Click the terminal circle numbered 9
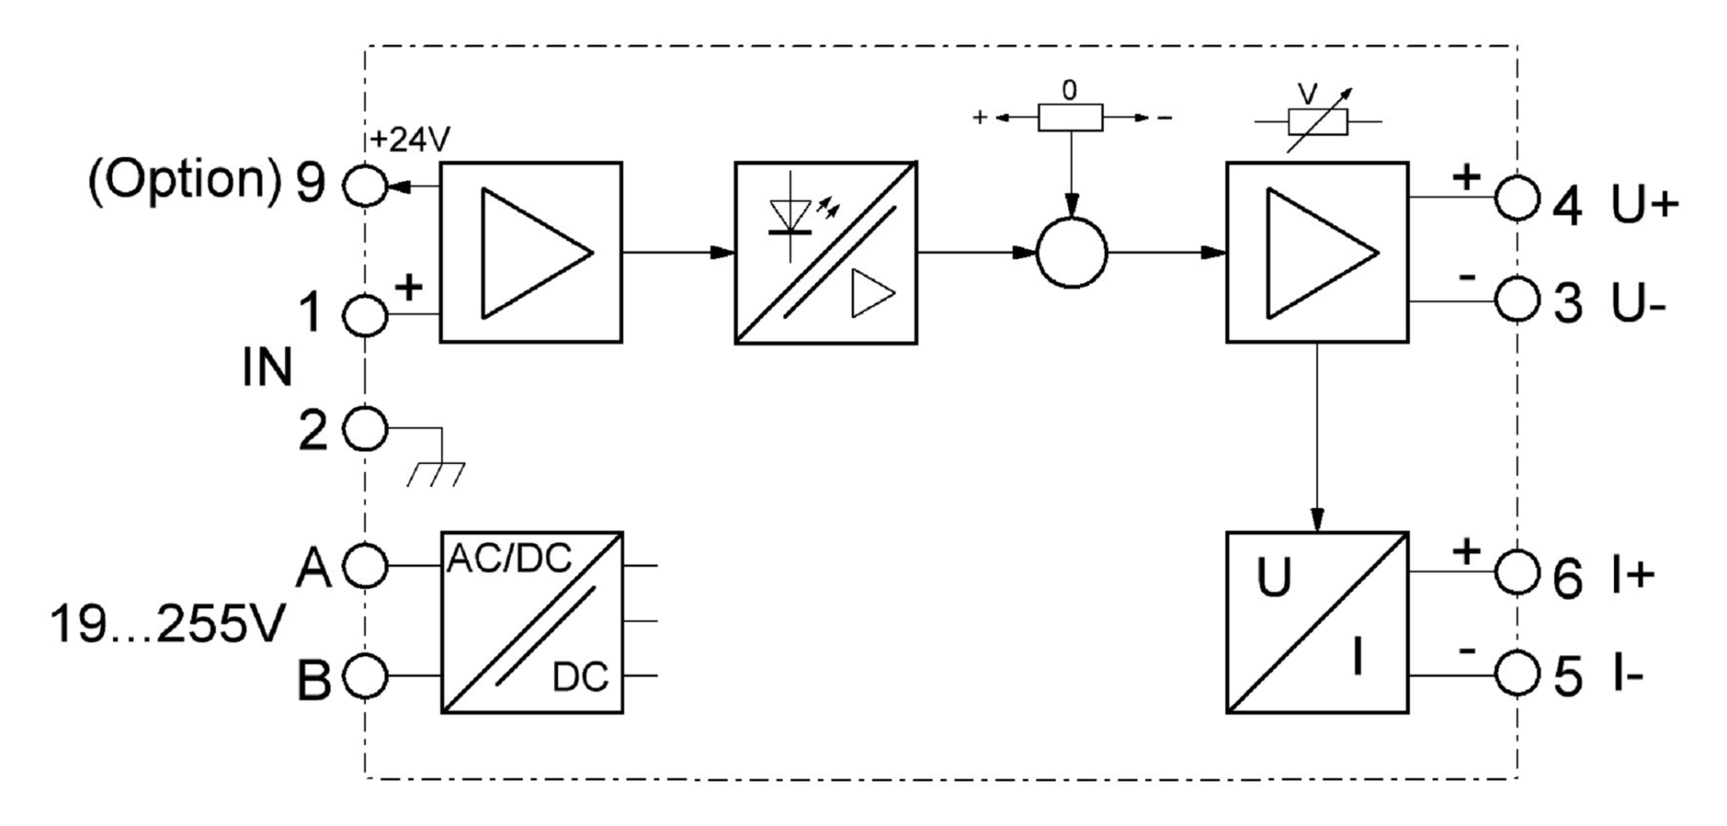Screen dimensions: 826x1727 pyautogui.click(x=364, y=184)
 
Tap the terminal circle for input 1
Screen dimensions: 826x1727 pyautogui.click(x=364, y=316)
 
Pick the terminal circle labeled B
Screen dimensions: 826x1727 pyautogui.click(x=364, y=676)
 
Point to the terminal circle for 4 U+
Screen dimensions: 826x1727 pyautogui.click(x=1517, y=198)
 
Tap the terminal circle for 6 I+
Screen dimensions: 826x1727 pyautogui.click(x=1517, y=573)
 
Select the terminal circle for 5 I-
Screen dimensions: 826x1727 pyautogui.click(x=1517, y=675)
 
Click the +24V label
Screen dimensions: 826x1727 pyautogui.click(x=411, y=140)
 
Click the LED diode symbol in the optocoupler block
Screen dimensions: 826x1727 pyautogui.click(x=790, y=216)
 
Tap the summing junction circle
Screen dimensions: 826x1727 pyautogui.click(x=1071, y=252)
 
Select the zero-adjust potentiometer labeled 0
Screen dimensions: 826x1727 pyautogui.click(x=1070, y=117)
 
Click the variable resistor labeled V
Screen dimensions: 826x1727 pyautogui.click(x=1316, y=122)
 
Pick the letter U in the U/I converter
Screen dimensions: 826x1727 pyautogui.click(x=1273, y=579)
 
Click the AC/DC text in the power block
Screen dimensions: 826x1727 pyautogui.click(x=509, y=558)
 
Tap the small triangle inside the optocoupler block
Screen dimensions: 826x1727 pyautogui.click(x=871, y=294)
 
